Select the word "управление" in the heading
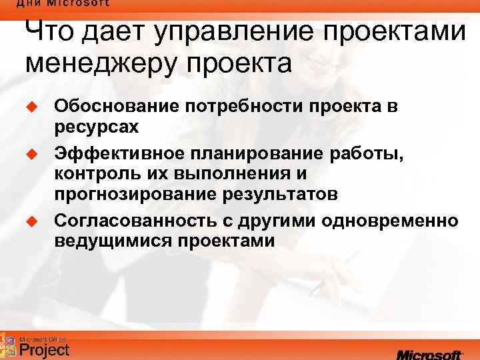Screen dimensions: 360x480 click(x=226, y=33)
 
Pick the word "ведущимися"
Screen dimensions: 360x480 click(x=113, y=241)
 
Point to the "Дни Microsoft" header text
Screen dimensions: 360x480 click(x=63, y=4)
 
